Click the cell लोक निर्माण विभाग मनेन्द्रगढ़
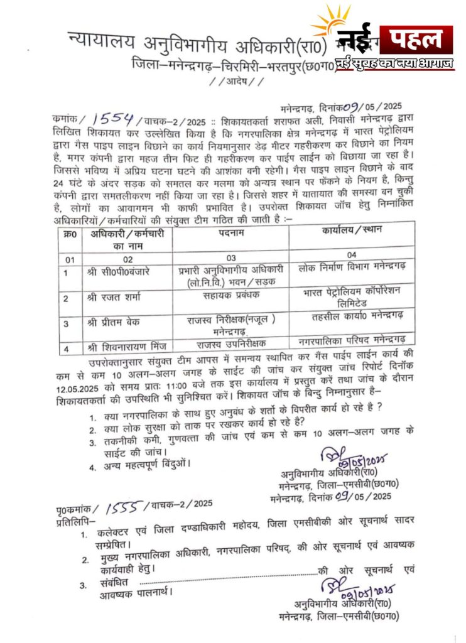(352, 267)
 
